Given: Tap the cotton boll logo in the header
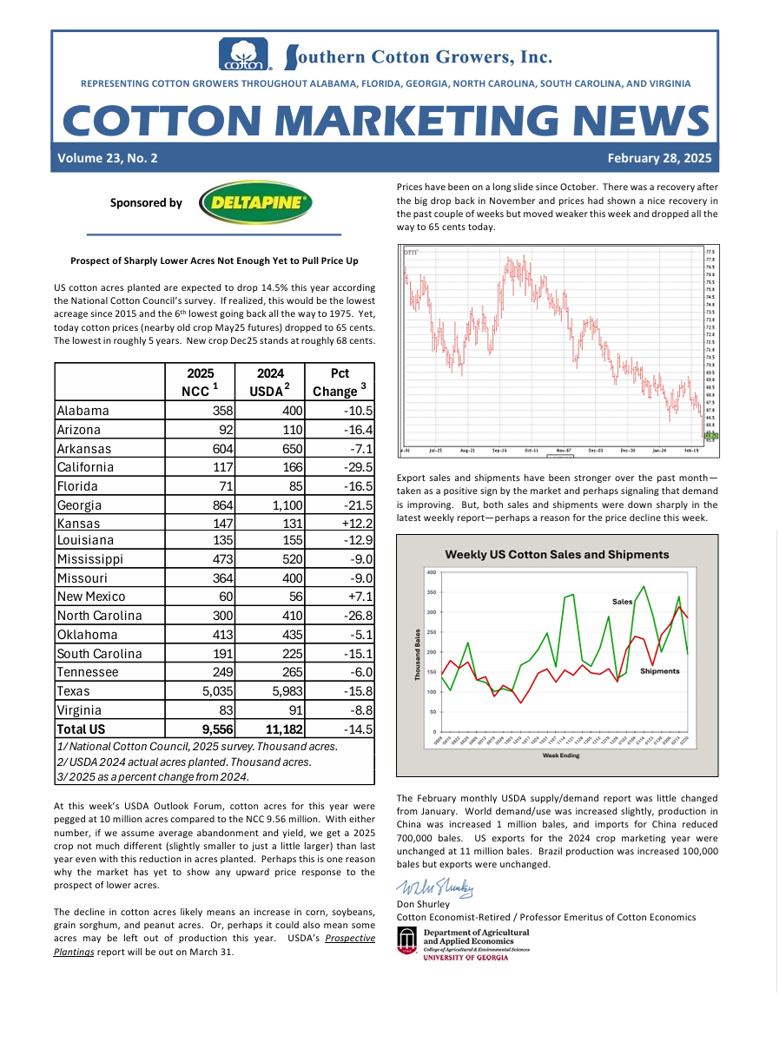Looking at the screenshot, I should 244,54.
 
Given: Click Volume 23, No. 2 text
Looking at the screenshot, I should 108,158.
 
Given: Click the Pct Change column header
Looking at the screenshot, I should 340,382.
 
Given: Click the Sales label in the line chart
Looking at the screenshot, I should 623,601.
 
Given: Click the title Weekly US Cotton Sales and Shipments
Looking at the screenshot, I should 557,554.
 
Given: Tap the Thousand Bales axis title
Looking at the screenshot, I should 418,655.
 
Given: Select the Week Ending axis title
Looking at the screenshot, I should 561,755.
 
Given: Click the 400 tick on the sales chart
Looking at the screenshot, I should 432,572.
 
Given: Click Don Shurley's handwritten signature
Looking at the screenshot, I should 436,887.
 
